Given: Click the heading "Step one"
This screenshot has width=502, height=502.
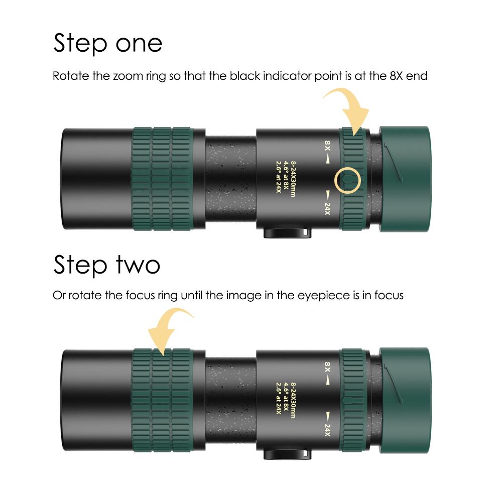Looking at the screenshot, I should coord(107,43).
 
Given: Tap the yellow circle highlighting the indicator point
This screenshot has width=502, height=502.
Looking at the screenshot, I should coord(348,180).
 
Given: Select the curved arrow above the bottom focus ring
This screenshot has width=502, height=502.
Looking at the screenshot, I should coord(168,328).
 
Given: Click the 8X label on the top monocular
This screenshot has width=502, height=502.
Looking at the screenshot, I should coord(327,146).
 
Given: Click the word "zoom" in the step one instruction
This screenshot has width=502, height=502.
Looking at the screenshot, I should coord(127,77).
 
